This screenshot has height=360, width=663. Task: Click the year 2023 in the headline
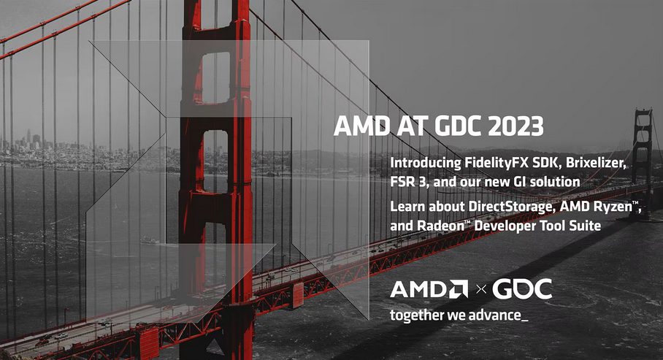pos(516,126)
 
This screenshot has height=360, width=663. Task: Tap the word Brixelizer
pos(596,163)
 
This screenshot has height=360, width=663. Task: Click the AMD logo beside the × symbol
pos(429,289)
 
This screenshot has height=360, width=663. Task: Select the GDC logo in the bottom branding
pos(522,289)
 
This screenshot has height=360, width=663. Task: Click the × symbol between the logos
pos(480,289)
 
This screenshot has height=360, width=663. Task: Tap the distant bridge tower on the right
pos(643,163)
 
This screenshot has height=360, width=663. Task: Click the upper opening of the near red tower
pos(215,78)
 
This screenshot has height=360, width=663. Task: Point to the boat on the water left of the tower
pos(150,241)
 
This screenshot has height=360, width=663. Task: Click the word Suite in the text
pos(585,226)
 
